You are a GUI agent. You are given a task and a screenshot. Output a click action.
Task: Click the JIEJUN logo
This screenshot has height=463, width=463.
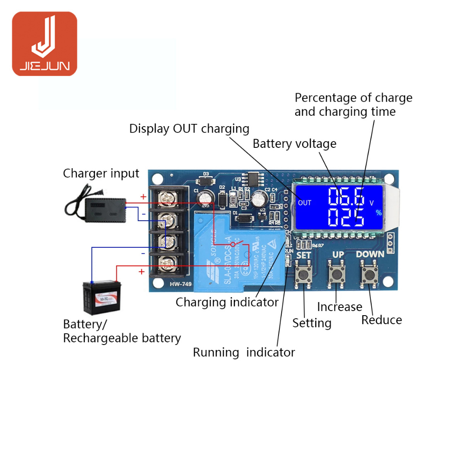click(x=44, y=44)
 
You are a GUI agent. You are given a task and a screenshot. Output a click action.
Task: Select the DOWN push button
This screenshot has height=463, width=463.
click(x=370, y=274)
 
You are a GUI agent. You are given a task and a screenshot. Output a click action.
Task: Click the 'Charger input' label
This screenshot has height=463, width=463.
click(x=101, y=173)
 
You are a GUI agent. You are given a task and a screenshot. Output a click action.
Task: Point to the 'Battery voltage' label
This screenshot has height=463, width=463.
click(x=294, y=144)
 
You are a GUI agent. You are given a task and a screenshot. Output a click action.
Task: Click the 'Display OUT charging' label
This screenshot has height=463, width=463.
click(x=189, y=128)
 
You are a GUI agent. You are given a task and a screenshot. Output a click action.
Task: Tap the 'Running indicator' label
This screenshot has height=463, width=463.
click(x=244, y=352)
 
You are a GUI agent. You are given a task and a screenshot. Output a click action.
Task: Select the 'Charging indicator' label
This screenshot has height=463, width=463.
click(x=227, y=302)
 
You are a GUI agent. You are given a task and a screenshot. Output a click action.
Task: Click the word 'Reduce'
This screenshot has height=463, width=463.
click(x=381, y=320)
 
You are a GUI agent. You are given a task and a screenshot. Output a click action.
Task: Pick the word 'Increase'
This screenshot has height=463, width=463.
click(x=339, y=307)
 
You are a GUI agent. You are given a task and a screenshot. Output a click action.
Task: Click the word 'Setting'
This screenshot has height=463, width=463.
click(x=312, y=323)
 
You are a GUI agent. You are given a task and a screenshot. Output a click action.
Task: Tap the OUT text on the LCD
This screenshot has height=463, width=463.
click(x=305, y=203)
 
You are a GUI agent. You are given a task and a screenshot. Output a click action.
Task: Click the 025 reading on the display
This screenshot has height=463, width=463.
click(x=346, y=217)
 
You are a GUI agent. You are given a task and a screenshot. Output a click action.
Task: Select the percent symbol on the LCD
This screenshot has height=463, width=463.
click(x=378, y=213)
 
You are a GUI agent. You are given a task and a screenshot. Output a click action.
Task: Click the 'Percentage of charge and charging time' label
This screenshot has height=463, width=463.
click(x=353, y=104)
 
